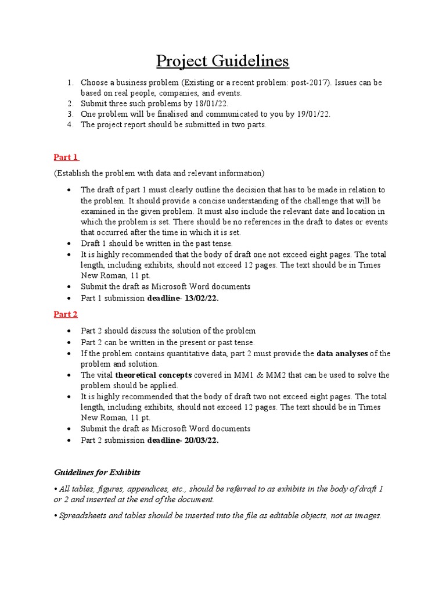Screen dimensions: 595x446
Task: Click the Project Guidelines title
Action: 223,61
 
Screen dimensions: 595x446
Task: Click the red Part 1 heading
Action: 66,157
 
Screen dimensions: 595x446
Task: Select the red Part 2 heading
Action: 66,314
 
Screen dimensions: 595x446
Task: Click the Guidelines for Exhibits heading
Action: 97,472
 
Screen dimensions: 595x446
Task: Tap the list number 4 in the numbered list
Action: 70,125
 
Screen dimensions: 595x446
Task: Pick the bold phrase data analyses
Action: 342,353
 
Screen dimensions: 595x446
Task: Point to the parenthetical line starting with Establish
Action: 159,173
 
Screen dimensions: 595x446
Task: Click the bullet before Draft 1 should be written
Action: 70,244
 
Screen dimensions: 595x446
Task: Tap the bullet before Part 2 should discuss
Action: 70,331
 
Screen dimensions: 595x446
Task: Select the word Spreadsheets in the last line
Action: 84,515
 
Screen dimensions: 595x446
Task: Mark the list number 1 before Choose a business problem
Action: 70,83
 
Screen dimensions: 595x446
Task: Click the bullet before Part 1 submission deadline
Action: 70,298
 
